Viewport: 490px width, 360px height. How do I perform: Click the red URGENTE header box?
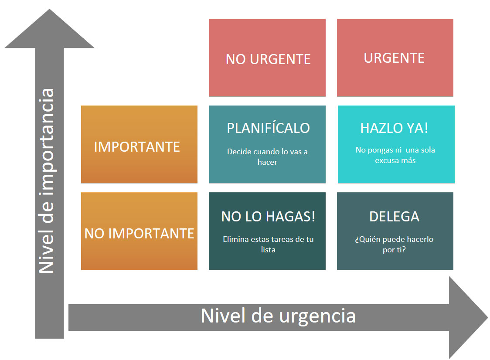pyautogui.click(x=395, y=58)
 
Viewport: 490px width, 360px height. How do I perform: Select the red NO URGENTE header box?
pyautogui.click(x=267, y=58)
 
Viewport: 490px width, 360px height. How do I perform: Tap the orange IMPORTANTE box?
pyautogui.click(x=139, y=144)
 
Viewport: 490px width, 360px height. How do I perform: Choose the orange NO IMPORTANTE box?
pyautogui.click(x=139, y=231)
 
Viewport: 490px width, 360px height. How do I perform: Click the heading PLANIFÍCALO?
pyautogui.click(x=268, y=128)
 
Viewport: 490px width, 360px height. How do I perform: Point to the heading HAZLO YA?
pyautogui.click(x=394, y=128)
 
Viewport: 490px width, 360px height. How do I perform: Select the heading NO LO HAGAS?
pyautogui.click(x=268, y=217)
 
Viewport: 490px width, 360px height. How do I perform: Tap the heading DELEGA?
pyautogui.click(x=395, y=217)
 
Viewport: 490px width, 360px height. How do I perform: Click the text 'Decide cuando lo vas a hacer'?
pyautogui.click(x=267, y=157)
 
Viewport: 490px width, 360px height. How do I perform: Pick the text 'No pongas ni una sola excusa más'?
pyautogui.click(x=395, y=155)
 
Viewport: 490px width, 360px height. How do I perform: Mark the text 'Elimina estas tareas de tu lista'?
pyautogui.click(x=268, y=245)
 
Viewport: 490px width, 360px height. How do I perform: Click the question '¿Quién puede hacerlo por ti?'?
pyautogui.click(x=394, y=245)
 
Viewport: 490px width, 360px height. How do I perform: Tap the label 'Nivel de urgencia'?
pyautogui.click(x=278, y=316)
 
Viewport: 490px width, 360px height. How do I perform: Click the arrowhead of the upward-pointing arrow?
pyautogui.click(x=49, y=28)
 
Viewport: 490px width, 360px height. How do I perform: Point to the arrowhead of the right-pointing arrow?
pyautogui.click(x=469, y=317)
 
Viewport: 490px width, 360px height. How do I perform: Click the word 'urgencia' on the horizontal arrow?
pyautogui.click(x=317, y=316)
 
